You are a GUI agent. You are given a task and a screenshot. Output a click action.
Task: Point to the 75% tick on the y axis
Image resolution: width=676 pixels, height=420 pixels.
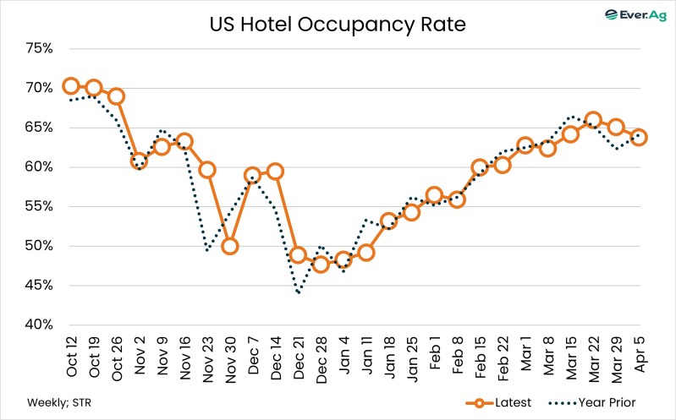[x=39, y=48]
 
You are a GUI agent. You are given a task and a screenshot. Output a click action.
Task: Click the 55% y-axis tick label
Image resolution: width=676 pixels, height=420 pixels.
[x=39, y=206]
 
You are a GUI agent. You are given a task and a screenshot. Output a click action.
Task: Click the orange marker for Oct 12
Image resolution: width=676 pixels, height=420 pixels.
[x=71, y=86]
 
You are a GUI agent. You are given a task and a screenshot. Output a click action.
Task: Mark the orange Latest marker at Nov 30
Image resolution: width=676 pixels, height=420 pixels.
[x=230, y=246]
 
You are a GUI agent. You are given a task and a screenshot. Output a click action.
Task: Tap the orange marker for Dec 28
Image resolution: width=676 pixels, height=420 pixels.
[x=321, y=265]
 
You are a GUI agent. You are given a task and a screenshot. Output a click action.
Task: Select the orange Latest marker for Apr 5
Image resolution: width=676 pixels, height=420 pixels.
[x=639, y=137]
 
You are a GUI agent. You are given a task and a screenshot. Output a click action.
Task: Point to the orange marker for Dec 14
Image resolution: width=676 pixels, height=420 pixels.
[x=275, y=172]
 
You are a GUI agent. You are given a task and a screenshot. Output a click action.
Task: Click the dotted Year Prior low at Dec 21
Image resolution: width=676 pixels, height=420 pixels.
[x=299, y=293]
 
